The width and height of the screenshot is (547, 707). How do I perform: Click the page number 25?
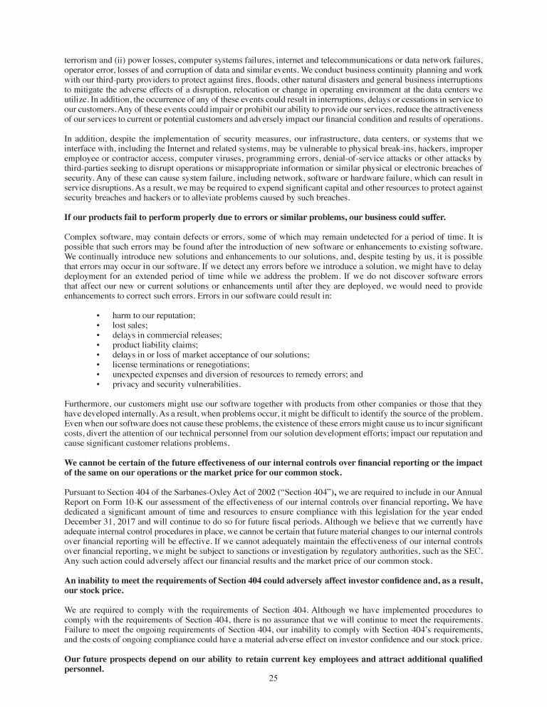273,678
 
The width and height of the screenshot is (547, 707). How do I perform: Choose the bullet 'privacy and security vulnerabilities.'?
177,384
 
